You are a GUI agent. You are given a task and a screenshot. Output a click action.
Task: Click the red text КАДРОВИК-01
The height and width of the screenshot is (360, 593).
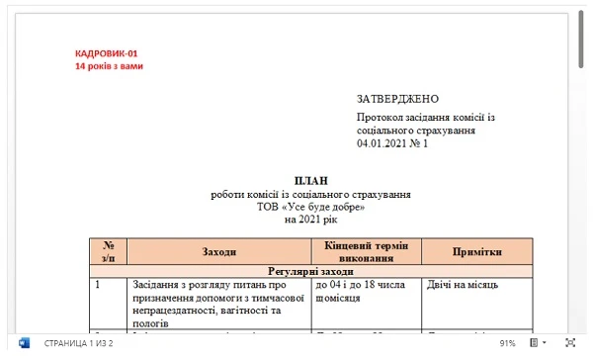pyautogui.click(x=107, y=53)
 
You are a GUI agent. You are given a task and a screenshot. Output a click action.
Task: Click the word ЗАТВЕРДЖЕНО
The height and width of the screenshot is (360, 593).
pyautogui.click(x=397, y=99)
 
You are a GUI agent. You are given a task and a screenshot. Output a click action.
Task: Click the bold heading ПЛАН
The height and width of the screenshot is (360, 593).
pyautogui.click(x=310, y=181)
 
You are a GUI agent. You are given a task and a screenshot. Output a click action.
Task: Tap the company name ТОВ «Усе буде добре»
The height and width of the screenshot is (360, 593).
pyautogui.click(x=310, y=207)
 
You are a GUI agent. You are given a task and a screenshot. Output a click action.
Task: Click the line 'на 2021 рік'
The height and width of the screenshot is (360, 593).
pyautogui.click(x=310, y=220)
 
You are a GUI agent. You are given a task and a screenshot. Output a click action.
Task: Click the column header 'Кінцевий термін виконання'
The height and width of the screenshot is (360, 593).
pyautogui.click(x=360, y=251)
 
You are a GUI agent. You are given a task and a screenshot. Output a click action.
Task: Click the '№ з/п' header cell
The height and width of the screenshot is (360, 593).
pyautogui.click(x=109, y=251)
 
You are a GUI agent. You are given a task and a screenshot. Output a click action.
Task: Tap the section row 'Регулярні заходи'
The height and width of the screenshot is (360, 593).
pyautogui.click(x=310, y=270)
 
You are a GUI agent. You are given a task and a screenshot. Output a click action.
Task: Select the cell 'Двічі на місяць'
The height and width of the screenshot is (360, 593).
pyautogui.click(x=463, y=285)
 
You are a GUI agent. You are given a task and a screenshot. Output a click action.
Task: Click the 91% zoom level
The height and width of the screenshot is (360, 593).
pyautogui.click(x=507, y=343)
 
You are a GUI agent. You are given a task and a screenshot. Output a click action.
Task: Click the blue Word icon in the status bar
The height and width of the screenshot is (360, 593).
pyautogui.click(x=24, y=343)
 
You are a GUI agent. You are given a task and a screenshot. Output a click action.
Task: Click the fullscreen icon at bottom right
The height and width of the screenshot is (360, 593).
pyautogui.click(x=569, y=343)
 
